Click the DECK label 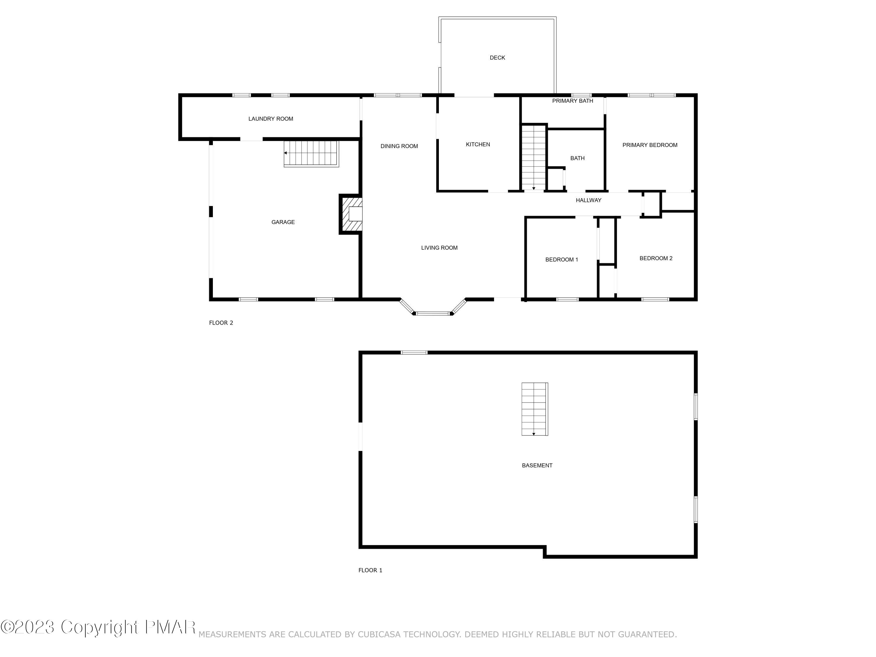[497, 58]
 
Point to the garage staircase [311, 154]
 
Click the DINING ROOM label [399, 146]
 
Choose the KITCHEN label [478, 145]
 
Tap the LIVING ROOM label [439, 248]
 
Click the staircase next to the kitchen [533, 158]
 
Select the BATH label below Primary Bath [577, 158]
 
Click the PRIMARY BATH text [572, 101]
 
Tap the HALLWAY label [588, 200]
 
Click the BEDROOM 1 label [561, 260]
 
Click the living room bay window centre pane [432, 314]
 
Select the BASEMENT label [537, 466]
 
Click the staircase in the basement [534, 409]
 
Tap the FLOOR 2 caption [221, 323]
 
